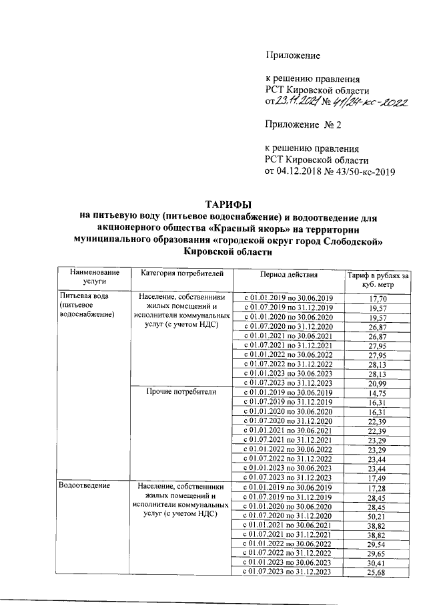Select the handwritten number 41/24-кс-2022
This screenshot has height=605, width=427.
click(x=367, y=102)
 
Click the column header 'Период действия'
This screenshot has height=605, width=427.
click(x=289, y=275)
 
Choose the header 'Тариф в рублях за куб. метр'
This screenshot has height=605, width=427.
click(x=377, y=279)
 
